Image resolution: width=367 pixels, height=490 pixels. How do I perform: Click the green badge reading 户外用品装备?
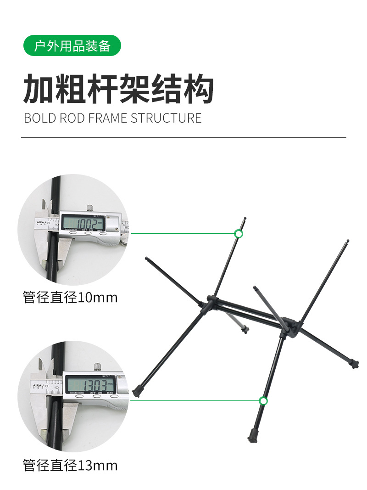[72, 45]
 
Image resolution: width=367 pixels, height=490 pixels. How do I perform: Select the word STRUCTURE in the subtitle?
[166, 118]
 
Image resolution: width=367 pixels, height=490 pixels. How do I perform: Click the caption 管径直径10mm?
[70, 298]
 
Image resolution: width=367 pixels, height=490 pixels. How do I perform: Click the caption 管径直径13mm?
[70, 466]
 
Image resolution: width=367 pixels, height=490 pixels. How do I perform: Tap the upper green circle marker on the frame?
[239, 234]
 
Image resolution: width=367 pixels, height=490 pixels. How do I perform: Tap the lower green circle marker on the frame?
[263, 401]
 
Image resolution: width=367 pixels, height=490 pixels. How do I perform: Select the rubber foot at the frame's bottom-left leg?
[136, 393]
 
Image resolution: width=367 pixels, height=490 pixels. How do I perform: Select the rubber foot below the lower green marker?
[252, 434]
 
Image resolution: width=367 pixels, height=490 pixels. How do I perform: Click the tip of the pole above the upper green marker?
[245, 218]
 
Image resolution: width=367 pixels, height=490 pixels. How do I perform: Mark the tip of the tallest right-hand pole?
[348, 241]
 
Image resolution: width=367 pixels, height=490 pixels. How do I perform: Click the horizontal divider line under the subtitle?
[183, 137]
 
